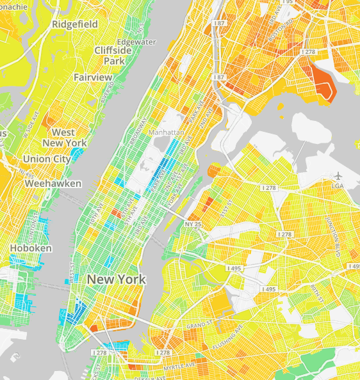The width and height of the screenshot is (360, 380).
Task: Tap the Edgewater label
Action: (136, 42)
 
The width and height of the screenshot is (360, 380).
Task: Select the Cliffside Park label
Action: (113, 56)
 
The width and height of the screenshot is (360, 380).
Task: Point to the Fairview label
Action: (92, 77)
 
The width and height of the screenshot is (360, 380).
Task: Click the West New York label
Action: (63, 138)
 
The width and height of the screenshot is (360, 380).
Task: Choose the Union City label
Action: (46, 159)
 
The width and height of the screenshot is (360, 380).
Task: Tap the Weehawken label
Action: (53, 184)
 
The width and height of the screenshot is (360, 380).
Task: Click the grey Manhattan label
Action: (166, 132)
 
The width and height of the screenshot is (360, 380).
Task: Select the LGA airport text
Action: (339, 185)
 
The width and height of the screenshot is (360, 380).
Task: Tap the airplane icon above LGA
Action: (338, 175)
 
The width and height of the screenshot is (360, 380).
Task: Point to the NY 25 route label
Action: (193, 225)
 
